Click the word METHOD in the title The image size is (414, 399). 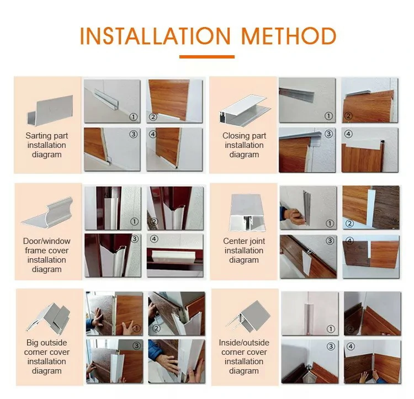pos(289,36)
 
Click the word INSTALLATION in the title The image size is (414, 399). pos(155,36)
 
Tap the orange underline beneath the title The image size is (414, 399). pos(207,57)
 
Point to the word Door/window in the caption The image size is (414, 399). pos(47,241)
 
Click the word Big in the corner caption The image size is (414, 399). pos(32,343)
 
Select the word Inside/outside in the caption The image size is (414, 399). pos(244,343)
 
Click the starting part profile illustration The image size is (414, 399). pos(50,110)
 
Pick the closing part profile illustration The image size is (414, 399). pos(245,109)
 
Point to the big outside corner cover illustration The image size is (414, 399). pos(49,317)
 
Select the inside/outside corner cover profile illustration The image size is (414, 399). pos(248,316)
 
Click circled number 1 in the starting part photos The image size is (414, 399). pos(134,116)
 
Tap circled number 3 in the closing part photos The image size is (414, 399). pos(329,134)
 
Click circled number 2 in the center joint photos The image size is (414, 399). pos(349,224)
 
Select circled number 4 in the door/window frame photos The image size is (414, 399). pos(154,239)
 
